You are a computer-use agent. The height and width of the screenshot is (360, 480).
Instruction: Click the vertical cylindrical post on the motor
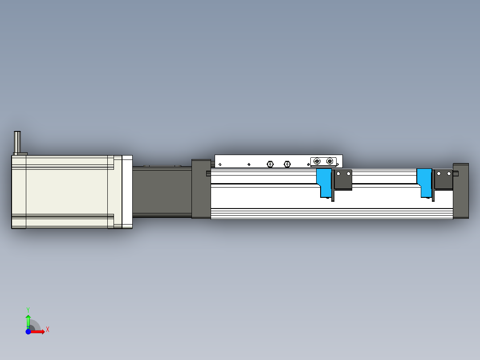18,142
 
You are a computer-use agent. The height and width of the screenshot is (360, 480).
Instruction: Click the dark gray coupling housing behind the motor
161,192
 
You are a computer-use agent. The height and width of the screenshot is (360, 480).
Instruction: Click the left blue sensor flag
324,182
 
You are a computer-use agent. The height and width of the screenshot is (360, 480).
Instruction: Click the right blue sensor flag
424,182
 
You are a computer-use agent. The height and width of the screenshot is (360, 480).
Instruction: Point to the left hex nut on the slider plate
270,164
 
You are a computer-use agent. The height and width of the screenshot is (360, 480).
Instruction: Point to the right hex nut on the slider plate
287,164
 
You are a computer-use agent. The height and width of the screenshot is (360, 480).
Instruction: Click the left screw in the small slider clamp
317,161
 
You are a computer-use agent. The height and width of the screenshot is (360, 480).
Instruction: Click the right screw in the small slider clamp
329,161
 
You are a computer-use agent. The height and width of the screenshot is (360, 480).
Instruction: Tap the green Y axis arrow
28,319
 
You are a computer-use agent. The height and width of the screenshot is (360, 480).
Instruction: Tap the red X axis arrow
39,331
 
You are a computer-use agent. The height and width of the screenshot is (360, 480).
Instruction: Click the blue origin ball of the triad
28,331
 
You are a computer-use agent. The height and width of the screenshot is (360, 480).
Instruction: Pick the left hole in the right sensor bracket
439,173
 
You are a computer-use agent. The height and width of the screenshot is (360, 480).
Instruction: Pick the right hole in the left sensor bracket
349,173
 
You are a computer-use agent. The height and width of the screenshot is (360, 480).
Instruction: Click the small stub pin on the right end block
456,173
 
